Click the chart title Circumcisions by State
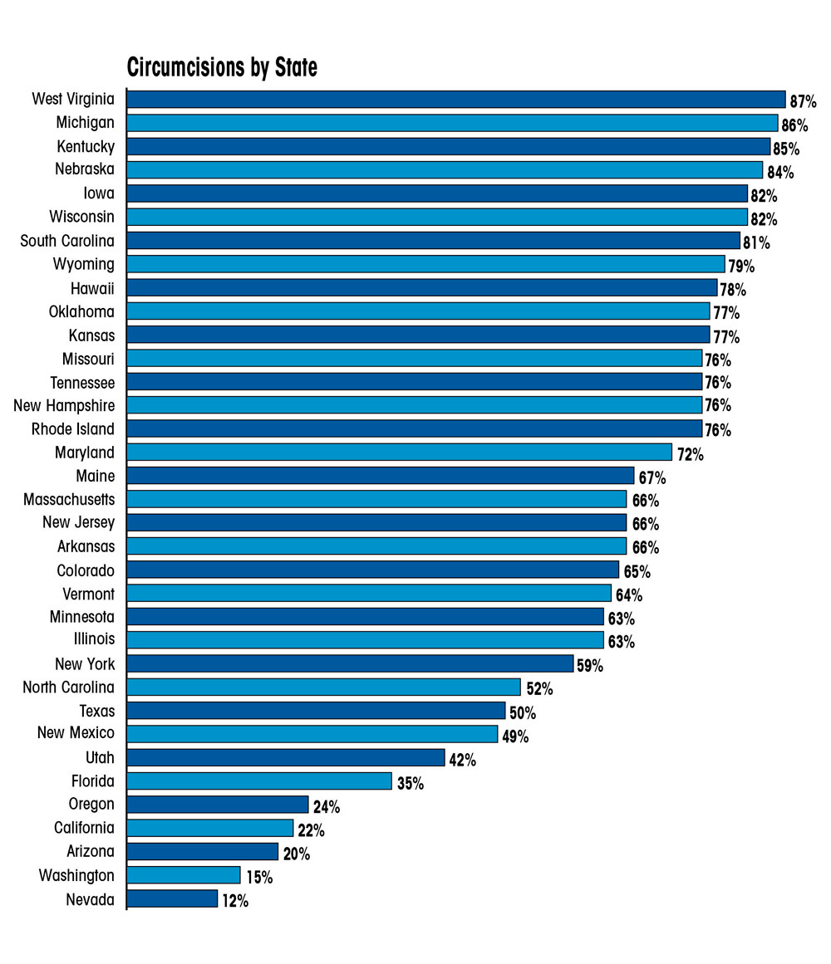222,67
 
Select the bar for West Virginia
455,100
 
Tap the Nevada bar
172,898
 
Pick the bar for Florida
259,781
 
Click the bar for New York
350,664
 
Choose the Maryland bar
399,453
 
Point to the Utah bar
286,757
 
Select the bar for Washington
184,875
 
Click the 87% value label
804,101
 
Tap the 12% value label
234,900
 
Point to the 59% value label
590,666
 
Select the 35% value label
410,783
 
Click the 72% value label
690,454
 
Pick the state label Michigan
86,123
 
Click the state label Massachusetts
69,500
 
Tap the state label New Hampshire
64,406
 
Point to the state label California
85,828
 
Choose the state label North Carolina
68,688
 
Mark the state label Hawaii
93,288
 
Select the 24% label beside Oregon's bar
326,806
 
